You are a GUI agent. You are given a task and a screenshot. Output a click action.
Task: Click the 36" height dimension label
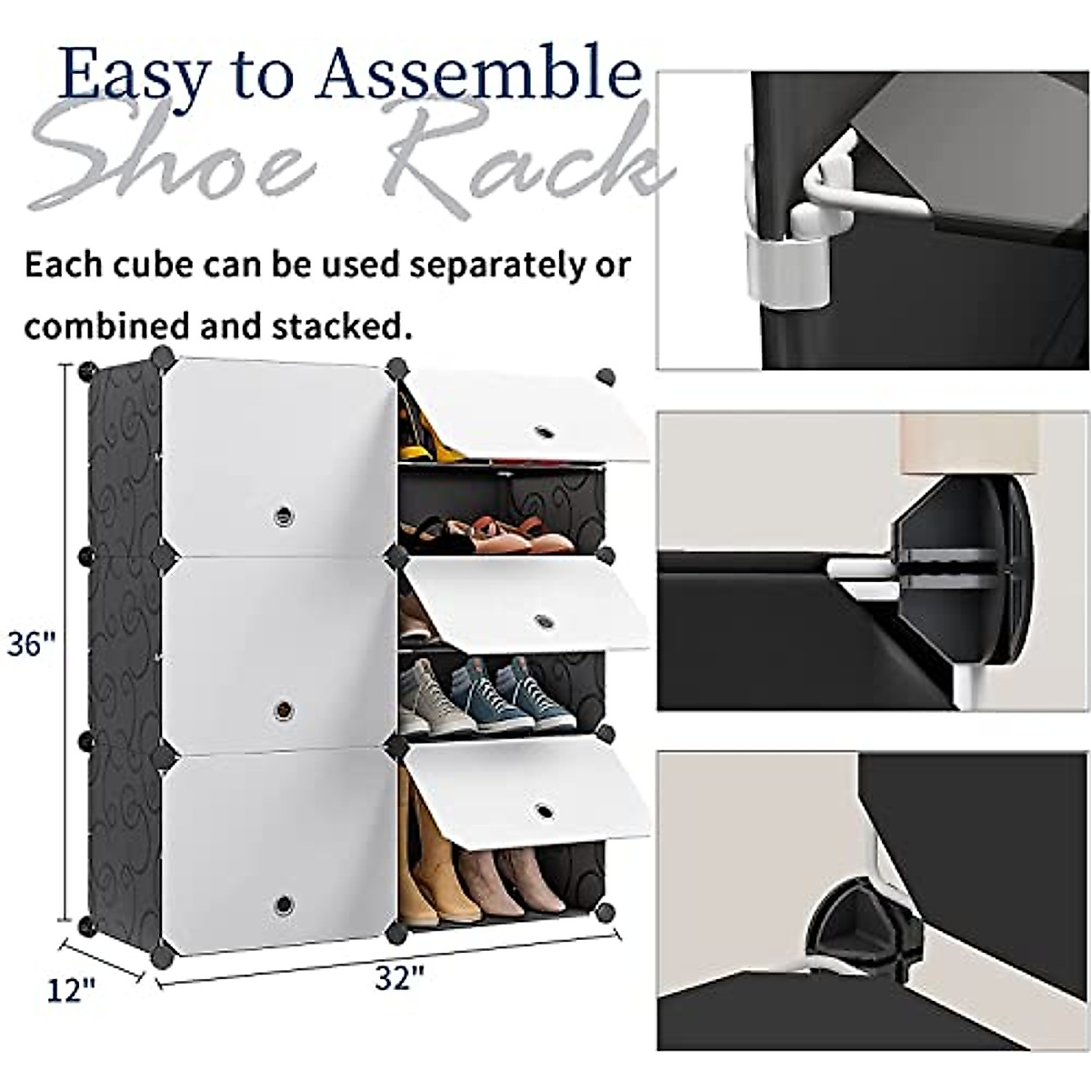coord(31,645)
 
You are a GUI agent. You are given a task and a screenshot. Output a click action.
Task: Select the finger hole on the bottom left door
coord(283,904)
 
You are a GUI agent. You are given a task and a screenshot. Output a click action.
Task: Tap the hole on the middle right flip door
coord(544,621)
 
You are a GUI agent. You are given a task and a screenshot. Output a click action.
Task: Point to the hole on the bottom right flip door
coord(544,808)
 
